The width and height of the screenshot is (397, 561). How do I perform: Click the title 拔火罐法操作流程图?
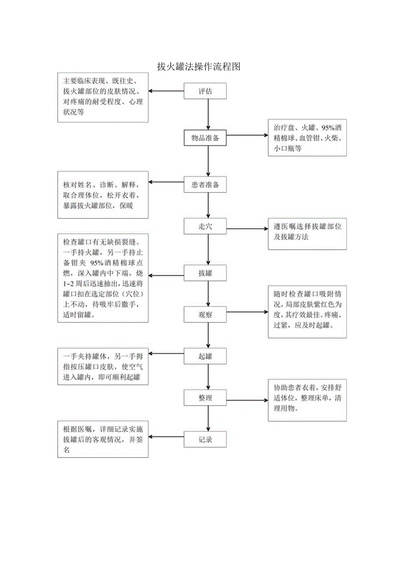tap(198, 67)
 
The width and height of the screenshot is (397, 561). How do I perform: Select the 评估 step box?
tap(205, 91)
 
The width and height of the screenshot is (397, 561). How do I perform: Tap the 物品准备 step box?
tap(205, 138)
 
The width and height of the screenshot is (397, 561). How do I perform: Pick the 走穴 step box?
tap(205, 226)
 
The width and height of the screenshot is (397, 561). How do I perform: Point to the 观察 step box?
tap(205, 314)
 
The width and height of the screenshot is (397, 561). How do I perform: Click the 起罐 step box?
tap(205, 357)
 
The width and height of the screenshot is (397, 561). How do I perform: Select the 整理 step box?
tap(205, 398)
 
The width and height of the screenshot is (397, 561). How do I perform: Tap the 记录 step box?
tap(205, 439)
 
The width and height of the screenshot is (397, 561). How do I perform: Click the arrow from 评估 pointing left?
tap(166, 91)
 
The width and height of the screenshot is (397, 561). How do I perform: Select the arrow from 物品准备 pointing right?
tap(247, 135)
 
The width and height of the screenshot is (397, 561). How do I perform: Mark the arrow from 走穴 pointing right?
tap(247, 229)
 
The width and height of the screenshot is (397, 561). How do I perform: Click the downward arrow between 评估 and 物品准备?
tap(208, 114)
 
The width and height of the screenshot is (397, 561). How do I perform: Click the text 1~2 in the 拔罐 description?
tap(67, 284)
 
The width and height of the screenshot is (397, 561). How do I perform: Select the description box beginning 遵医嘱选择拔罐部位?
tap(307, 233)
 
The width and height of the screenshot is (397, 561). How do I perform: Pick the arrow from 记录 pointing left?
tap(166, 437)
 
